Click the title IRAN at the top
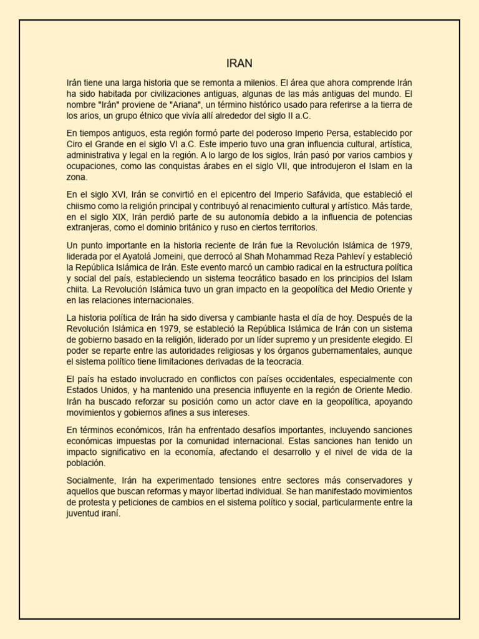point(239,64)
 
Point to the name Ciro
point(76,144)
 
